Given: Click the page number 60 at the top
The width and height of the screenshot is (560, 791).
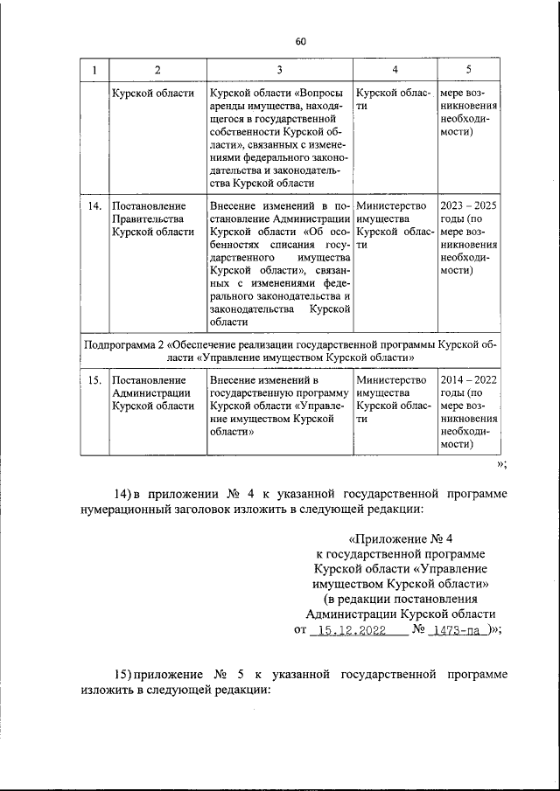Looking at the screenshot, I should click(301, 41).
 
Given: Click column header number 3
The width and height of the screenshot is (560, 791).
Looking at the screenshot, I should click(279, 70).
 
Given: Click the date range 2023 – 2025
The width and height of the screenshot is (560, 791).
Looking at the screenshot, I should click(468, 205).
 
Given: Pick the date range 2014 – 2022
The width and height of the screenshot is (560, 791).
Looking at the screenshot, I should click(468, 381).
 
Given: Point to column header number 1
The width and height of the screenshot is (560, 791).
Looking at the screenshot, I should click(94, 70).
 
